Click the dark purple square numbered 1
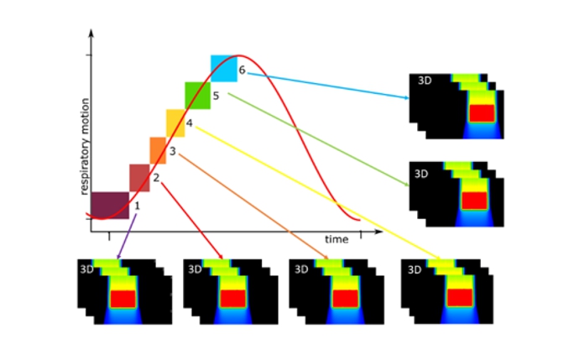click(x=110, y=206)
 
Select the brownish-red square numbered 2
click(x=139, y=178)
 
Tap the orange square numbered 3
click(x=158, y=150)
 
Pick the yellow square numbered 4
click(x=175, y=123)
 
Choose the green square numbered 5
click(x=198, y=96)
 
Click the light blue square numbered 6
click(x=224, y=69)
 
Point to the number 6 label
click(x=242, y=70)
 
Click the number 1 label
click(x=138, y=206)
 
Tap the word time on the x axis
click(x=337, y=239)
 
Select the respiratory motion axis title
click(x=85, y=147)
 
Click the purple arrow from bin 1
click(x=127, y=236)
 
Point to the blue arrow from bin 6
click(x=328, y=86)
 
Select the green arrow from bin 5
click(x=319, y=139)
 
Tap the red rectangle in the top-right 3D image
click(x=482, y=113)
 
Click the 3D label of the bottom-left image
click(x=86, y=269)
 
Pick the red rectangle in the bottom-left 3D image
click(x=123, y=300)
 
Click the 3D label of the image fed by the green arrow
click(x=421, y=174)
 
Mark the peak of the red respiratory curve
click(x=238, y=55)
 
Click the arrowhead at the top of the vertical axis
click(x=91, y=32)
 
